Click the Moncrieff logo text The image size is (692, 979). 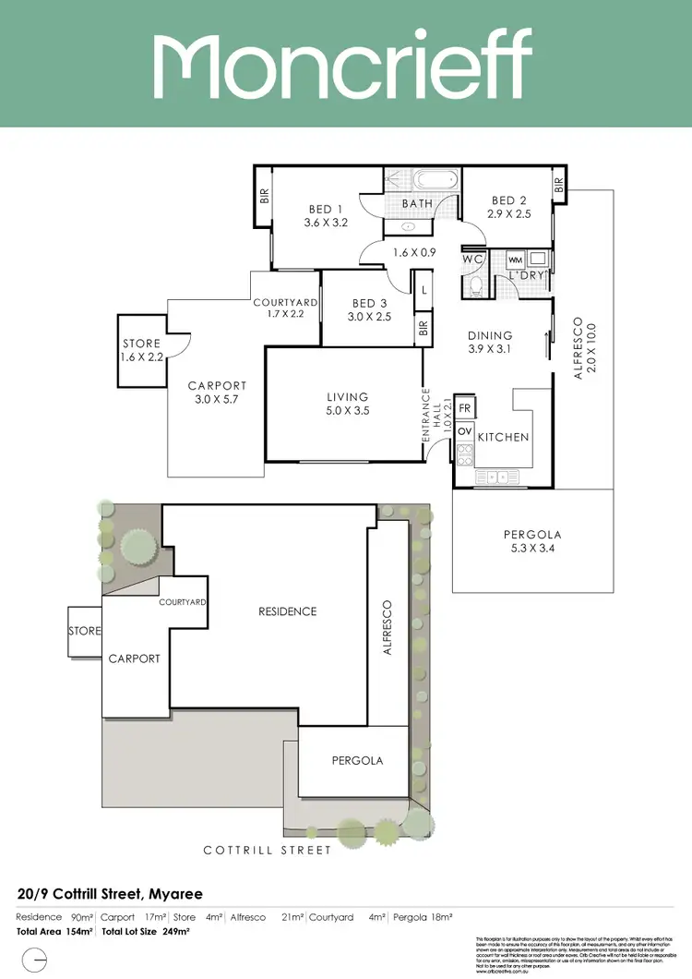click(342, 62)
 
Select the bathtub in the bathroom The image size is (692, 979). click(432, 180)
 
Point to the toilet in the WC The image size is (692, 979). click(473, 284)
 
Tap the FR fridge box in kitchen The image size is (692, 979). click(464, 407)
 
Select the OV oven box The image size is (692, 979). click(464, 431)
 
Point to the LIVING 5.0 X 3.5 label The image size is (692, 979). click(347, 405)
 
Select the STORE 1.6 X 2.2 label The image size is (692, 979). click(141, 350)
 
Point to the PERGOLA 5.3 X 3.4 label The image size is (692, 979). click(531, 541)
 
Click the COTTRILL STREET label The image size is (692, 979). click(268, 850)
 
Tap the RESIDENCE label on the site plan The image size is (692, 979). click(287, 611)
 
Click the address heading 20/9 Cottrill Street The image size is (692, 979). click(110, 894)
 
